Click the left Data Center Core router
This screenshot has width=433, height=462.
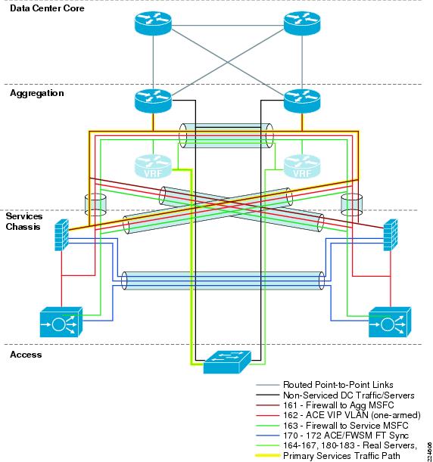(x=153, y=23)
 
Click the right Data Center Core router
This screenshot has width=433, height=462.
(x=302, y=23)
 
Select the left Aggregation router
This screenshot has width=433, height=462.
(x=153, y=101)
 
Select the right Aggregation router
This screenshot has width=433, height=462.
(x=302, y=101)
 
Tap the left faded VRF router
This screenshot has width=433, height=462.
(x=153, y=167)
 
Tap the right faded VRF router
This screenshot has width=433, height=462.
(x=302, y=167)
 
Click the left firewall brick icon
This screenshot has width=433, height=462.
(x=61, y=235)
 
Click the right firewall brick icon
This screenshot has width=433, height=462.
(x=391, y=235)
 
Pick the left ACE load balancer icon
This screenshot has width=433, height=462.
(x=61, y=322)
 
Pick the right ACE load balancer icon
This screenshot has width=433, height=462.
(x=390, y=322)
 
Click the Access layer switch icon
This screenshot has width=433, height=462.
(x=227, y=362)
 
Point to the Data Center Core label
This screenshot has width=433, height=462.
(x=47, y=8)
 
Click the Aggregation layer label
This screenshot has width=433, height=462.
(x=37, y=93)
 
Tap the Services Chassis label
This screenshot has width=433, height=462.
(x=24, y=222)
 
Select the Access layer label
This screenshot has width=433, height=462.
(x=26, y=355)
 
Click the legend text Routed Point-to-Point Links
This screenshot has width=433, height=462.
(x=338, y=385)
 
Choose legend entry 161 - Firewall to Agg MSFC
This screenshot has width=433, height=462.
(x=338, y=405)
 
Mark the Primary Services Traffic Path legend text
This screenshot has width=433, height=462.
(x=341, y=456)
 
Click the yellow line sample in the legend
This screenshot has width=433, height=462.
(x=267, y=456)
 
